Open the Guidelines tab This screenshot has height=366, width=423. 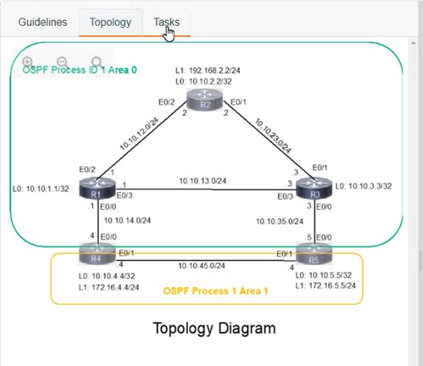tap(42, 23)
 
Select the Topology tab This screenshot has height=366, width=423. tap(110, 23)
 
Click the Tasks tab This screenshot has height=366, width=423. tap(167, 23)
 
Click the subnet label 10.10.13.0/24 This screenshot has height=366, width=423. tap(202, 181)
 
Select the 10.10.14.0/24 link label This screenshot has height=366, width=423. tap(128, 221)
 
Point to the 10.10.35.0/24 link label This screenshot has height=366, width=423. tap(280, 222)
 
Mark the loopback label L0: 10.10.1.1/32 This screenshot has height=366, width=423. tap(41, 189)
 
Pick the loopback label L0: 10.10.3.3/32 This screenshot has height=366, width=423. tap(364, 186)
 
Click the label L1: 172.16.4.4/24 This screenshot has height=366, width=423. tap(109, 287)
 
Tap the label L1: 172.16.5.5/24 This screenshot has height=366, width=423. tap(325, 285)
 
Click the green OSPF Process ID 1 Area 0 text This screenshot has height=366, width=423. tap(80, 70)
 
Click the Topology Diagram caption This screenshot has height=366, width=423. tap(214, 328)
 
